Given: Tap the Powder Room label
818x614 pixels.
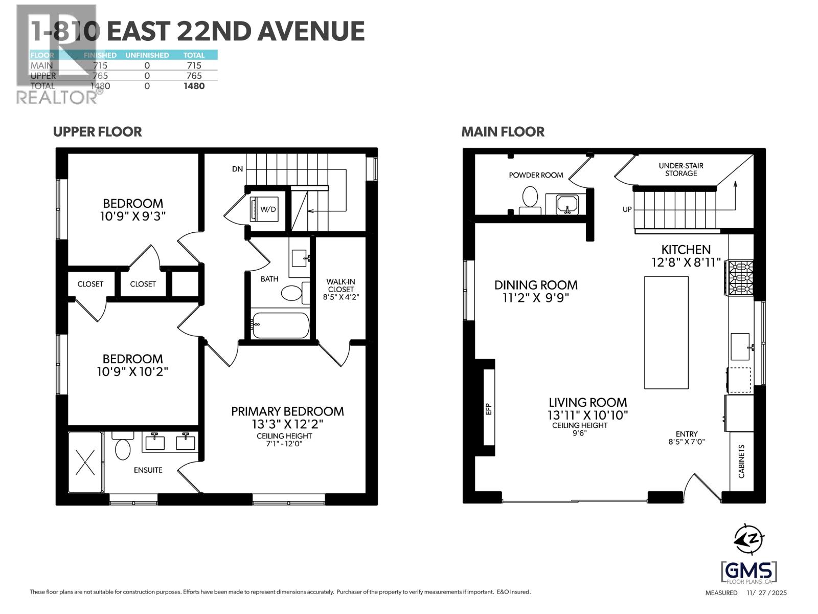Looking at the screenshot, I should (536, 175).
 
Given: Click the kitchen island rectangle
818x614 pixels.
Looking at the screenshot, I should (666, 333).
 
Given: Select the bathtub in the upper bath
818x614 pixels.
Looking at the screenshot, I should (280, 325).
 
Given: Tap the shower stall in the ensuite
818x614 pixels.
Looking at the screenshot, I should (85, 462).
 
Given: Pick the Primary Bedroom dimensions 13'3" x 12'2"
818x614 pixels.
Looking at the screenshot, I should (287, 424).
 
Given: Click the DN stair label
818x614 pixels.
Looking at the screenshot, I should (237, 169).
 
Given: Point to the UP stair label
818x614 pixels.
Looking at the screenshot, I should (627, 209).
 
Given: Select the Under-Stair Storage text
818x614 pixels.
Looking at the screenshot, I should (681, 169).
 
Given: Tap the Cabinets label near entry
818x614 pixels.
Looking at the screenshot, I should (741, 461).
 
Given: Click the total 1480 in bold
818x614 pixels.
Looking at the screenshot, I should (194, 86).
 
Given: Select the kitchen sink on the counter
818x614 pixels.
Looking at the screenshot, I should (740, 346).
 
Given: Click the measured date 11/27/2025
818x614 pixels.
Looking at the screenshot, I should (766, 593).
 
